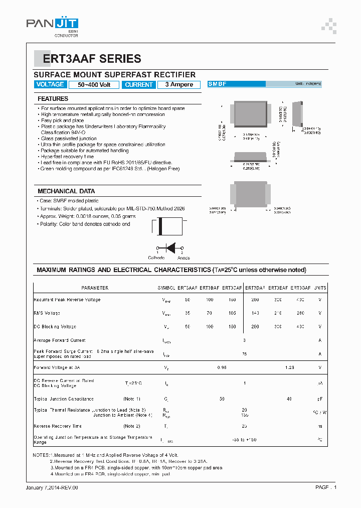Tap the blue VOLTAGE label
(50, 84)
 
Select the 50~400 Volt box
(94, 85)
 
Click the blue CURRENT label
(139, 85)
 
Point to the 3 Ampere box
(179, 85)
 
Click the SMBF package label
(217, 84)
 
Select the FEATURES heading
(53, 99)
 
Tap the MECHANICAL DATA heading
(66, 191)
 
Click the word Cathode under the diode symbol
(156, 258)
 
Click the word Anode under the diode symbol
(184, 258)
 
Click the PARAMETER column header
(95, 288)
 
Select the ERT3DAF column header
(256, 288)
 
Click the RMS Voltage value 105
(232, 313)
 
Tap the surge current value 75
(244, 354)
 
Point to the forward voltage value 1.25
(289, 367)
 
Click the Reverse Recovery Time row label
(57, 426)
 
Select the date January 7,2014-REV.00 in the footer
(52, 487)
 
